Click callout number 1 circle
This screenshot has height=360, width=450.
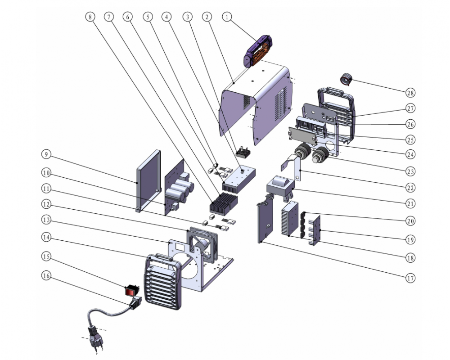coord(227,17)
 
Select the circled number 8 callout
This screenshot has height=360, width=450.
coord(90,17)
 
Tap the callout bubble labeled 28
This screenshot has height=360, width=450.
coord(410,93)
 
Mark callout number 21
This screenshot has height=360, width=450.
coord(410,203)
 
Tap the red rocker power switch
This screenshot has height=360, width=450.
coord(130,291)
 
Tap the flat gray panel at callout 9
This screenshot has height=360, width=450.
coord(148,180)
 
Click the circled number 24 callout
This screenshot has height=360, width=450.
coord(410,154)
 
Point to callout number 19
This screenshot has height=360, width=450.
coord(410,239)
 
